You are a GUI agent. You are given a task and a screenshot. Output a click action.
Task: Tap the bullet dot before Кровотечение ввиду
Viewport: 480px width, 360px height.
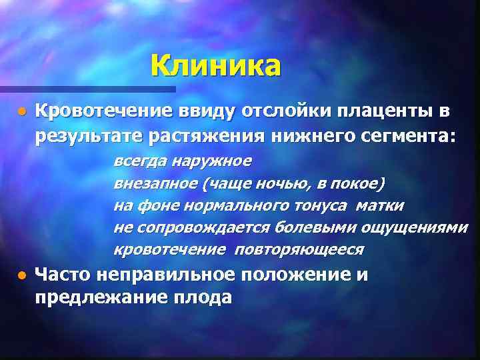point(22,110)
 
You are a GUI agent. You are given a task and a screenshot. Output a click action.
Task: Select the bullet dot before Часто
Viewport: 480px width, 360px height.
point(22,275)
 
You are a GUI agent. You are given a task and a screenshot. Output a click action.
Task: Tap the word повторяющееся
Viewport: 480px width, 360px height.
point(299,249)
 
